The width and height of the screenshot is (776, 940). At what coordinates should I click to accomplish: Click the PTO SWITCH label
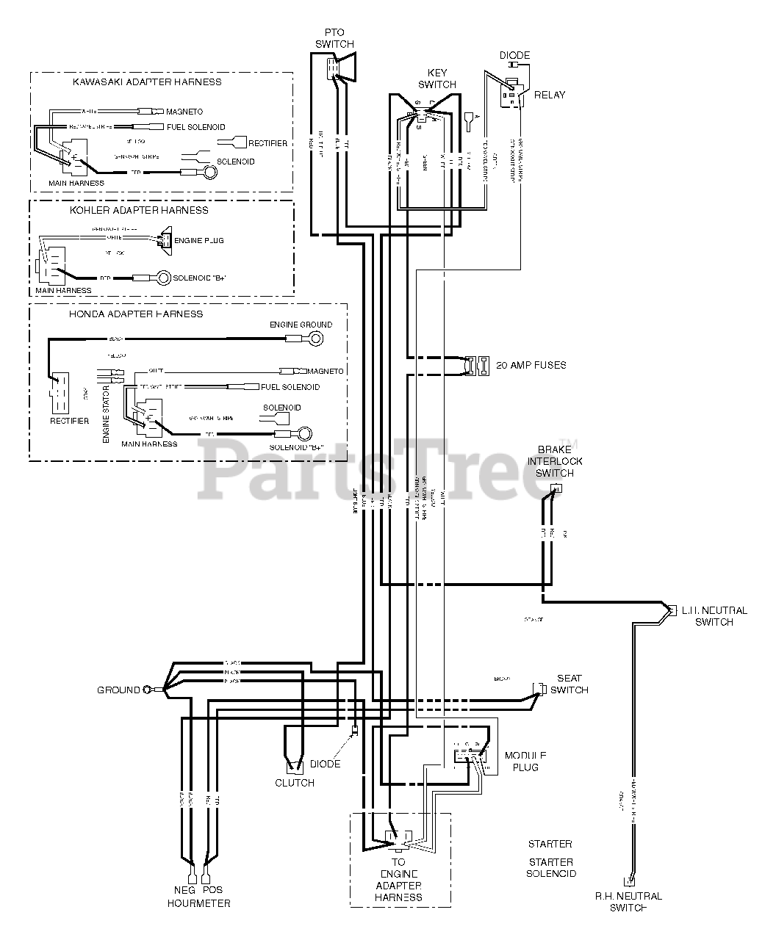click(334, 38)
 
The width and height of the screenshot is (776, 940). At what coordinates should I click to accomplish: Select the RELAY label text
click(550, 95)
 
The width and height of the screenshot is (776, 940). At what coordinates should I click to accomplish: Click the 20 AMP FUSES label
click(531, 365)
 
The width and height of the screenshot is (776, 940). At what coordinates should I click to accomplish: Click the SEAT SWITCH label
click(569, 684)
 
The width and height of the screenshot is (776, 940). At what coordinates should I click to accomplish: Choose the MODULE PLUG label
click(525, 762)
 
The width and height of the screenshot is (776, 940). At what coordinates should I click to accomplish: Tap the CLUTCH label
click(295, 783)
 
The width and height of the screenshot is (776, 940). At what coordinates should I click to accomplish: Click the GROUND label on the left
click(118, 690)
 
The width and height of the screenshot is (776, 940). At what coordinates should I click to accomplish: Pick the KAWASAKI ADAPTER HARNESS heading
click(147, 82)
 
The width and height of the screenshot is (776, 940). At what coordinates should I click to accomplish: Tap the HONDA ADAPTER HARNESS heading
click(136, 314)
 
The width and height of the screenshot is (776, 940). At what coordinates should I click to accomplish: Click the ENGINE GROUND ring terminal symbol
click(316, 339)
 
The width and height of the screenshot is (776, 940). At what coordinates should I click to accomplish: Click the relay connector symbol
click(511, 95)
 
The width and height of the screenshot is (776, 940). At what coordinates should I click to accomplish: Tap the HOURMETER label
click(198, 903)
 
